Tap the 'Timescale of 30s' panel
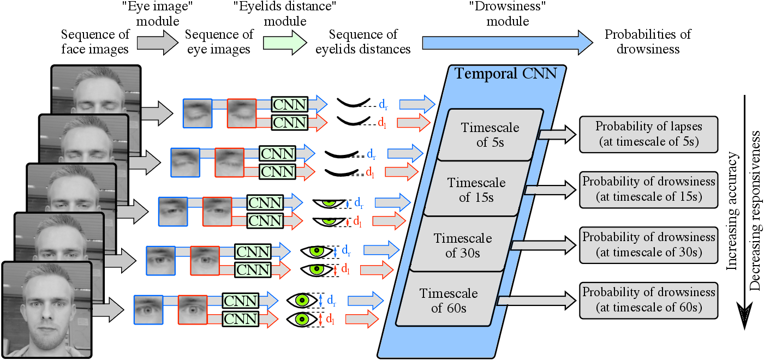pyautogui.click(x=462, y=245)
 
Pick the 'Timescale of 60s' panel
pyautogui.click(x=449, y=300)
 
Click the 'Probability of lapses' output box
pyautogui.click(x=648, y=134)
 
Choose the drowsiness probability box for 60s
pyautogui.click(x=648, y=299)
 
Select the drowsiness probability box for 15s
pyautogui.click(x=648, y=189)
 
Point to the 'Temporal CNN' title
pyautogui.click(x=506, y=73)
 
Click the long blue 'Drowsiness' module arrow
pyautogui.click(x=507, y=41)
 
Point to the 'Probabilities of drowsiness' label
pyautogui.click(x=648, y=42)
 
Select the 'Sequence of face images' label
pyautogui.click(x=95, y=42)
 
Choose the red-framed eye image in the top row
pyautogui.click(x=242, y=113)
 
